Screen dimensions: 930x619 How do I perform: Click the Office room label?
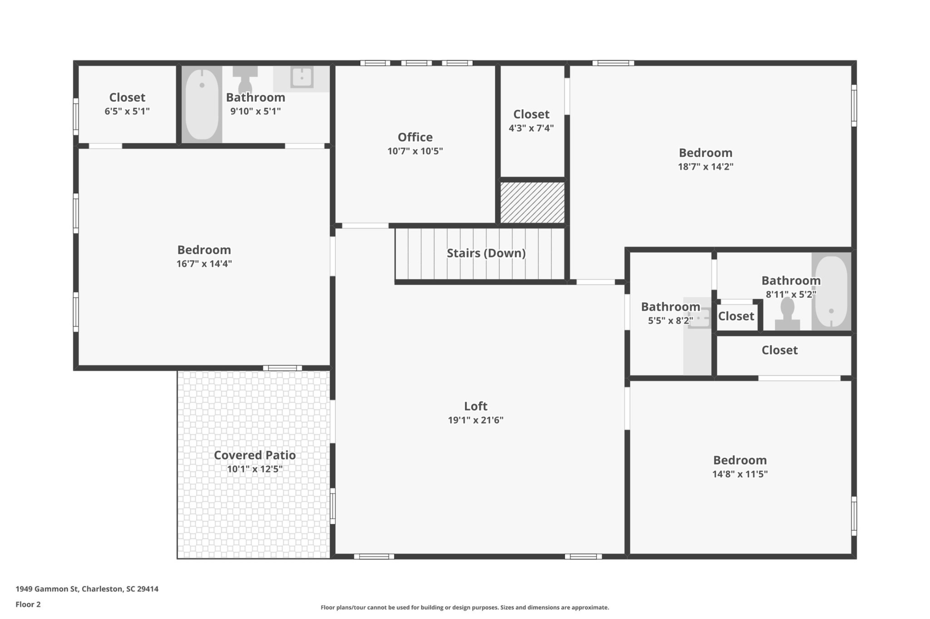(415, 137)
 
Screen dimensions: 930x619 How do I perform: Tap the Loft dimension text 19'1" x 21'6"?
(475, 420)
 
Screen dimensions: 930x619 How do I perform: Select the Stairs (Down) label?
(486, 253)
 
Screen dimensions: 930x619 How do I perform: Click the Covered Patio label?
(255, 455)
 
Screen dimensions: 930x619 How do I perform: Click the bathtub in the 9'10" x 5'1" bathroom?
(202, 104)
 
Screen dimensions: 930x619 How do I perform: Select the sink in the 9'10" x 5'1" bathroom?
(302, 77)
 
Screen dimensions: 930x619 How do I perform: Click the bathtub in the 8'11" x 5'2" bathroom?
(831, 292)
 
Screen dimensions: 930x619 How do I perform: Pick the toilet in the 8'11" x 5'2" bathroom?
(787, 313)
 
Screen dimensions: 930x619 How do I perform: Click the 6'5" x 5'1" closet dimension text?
(127, 111)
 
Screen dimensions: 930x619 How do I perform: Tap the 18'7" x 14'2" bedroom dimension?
(705, 167)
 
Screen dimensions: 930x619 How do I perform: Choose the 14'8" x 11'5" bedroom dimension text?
(740, 474)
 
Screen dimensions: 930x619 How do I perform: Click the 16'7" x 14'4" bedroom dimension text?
(204, 264)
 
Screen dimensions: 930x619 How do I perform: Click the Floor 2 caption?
(28, 604)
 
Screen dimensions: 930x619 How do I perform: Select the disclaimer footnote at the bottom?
(465, 608)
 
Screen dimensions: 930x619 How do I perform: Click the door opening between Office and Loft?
(365, 226)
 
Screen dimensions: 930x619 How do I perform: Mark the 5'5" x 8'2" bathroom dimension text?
(670, 321)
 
